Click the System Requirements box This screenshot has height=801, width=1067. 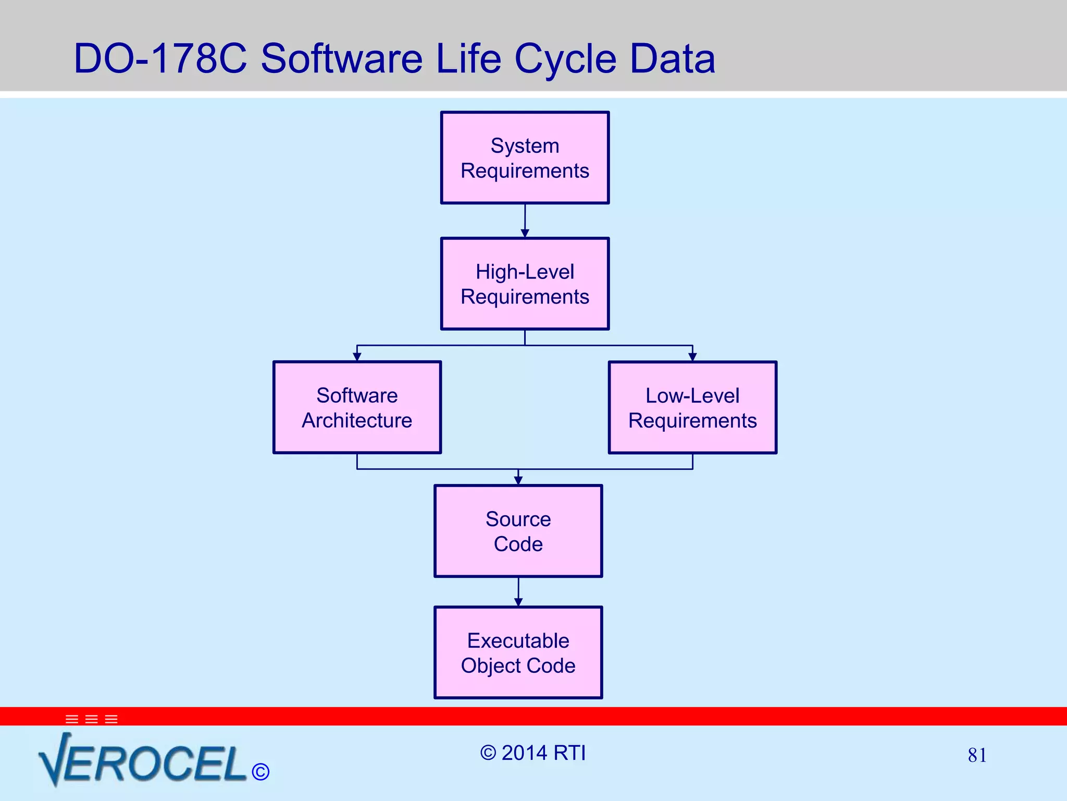point(525,157)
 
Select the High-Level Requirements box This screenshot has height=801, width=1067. point(525,284)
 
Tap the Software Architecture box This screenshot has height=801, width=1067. point(357,407)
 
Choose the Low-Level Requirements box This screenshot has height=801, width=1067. point(692,407)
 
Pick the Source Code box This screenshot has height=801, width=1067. point(518,531)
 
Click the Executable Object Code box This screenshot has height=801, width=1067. point(518,652)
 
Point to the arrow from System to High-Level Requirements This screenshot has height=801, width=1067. point(525,221)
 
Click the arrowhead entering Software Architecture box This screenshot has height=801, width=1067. point(357,357)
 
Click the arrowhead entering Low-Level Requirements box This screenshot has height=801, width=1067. point(692,357)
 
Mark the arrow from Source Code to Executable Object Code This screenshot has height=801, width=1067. point(518,591)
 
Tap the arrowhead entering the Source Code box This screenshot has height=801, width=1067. point(518,480)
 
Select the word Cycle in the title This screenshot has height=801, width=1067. point(565,58)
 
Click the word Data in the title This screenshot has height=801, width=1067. point(672,58)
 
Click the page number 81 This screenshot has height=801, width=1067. point(977,755)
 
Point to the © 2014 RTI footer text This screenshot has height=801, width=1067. point(533,753)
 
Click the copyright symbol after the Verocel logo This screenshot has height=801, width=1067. point(260,772)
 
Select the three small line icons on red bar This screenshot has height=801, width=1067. point(92,719)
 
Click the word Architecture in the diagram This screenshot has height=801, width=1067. point(357,420)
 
